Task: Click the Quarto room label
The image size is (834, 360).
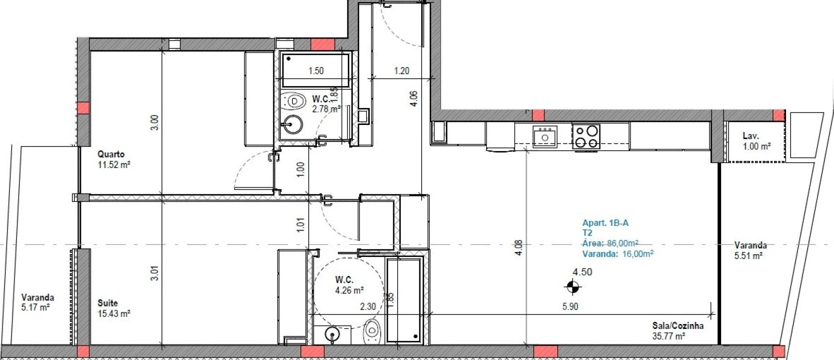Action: point(111,154)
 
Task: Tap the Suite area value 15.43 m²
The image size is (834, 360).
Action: point(114,313)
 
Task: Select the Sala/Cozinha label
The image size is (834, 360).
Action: point(678,326)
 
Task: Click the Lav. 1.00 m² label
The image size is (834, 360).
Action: point(756,141)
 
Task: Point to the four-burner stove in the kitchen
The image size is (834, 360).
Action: point(586,136)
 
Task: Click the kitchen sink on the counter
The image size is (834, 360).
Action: point(545,136)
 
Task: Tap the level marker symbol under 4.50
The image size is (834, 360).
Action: point(573,287)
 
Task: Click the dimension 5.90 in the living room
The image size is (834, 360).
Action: point(570,306)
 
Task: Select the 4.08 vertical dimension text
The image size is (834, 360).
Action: point(519,248)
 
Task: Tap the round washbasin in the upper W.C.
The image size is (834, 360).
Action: point(291,125)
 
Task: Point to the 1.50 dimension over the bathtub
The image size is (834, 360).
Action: point(316,71)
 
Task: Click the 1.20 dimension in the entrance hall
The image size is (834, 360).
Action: point(402,71)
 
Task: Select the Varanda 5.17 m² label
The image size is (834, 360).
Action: point(37,302)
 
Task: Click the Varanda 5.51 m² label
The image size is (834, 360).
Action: point(750,250)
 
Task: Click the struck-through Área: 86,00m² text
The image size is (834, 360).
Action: point(610,243)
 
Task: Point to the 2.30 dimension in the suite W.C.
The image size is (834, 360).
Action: point(368,307)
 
